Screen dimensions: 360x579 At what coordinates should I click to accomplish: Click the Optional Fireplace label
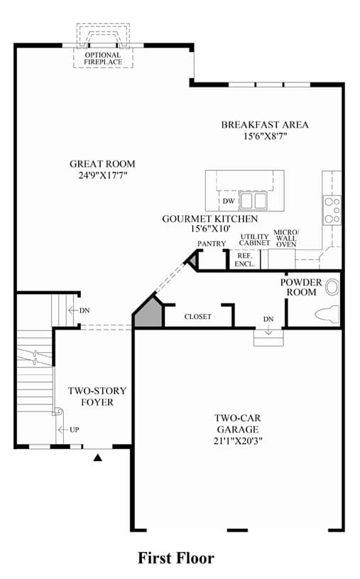pyautogui.click(x=103, y=58)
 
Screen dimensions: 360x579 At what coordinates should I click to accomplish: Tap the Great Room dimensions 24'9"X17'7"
pyautogui.click(x=103, y=175)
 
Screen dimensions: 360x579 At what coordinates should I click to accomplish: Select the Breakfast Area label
pyautogui.click(x=265, y=125)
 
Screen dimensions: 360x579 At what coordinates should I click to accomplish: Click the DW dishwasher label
pyautogui.click(x=229, y=201)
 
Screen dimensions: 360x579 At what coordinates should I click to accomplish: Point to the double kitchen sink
pyautogui.click(x=253, y=201)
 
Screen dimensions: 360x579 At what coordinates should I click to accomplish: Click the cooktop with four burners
pyautogui.click(x=332, y=210)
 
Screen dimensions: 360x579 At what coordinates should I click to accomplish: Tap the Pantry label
pyautogui.click(x=211, y=244)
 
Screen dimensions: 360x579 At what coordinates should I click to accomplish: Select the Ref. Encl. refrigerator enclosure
pyautogui.click(x=245, y=259)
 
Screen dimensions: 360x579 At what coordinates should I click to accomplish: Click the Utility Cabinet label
pyautogui.click(x=254, y=239)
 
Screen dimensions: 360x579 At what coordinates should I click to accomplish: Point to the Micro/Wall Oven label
pyautogui.click(x=286, y=238)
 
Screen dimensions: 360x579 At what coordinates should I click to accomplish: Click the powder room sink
pyautogui.click(x=332, y=288)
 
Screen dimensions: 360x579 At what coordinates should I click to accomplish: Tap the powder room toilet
pyautogui.click(x=327, y=314)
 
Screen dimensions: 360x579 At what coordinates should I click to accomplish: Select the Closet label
pyautogui.click(x=198, y=316)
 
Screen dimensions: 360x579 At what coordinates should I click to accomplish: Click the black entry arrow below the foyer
pyautogui.click(x=97, y=458)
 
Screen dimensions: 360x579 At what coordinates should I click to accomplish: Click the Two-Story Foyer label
pyautogui.click(x=97, y=396)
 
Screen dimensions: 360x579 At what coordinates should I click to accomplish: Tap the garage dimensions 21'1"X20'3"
pyautogui.click(x=238, y=440)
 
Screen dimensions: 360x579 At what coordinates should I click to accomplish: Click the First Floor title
pyautogui.click(x=176, y=558)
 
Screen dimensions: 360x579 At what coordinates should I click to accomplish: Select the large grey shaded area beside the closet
pyautogui.click(x=148, y=311)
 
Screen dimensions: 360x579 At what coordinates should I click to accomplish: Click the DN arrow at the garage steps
pyautogui.click(x=268, y=330)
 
